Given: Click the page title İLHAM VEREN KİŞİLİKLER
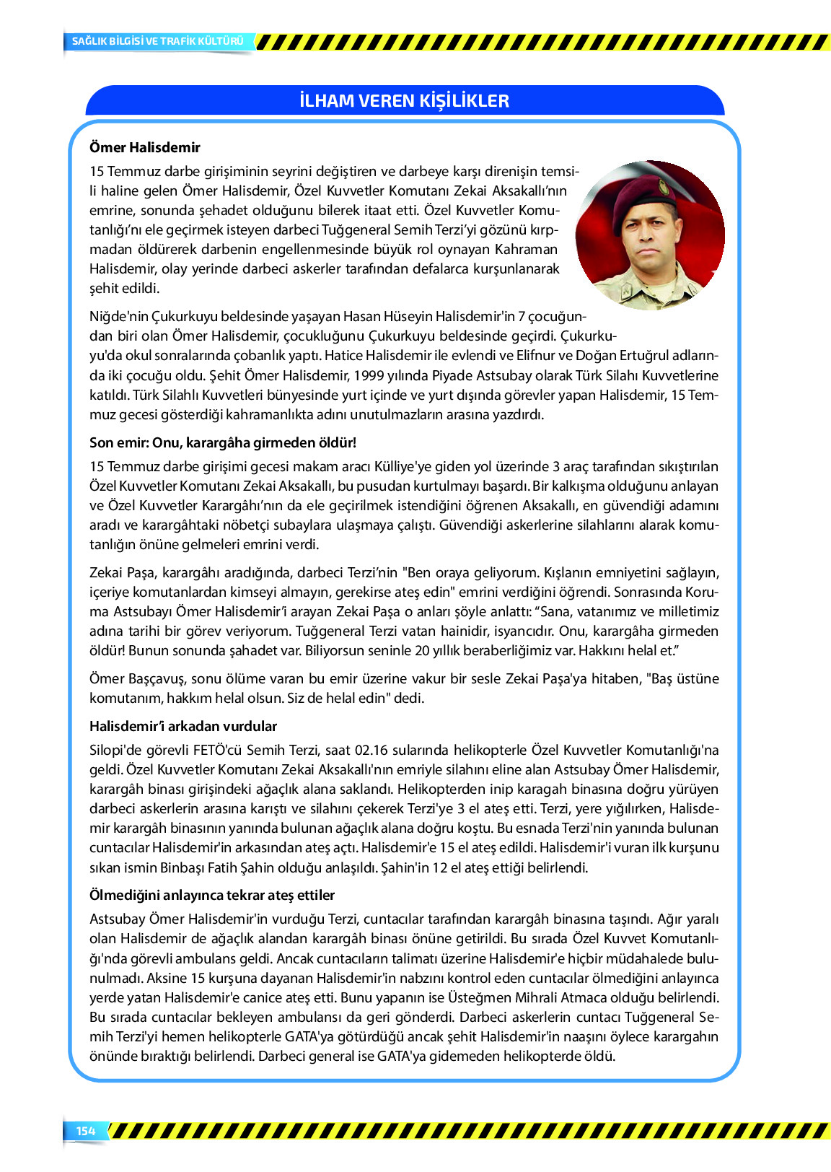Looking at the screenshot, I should click(x=404, y=100).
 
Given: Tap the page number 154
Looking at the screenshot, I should click(x=86, y=1131).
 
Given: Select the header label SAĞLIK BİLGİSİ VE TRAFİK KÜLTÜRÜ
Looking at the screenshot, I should click(x=157, y=41).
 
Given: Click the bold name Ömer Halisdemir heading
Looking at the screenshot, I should click(x=145, y=147).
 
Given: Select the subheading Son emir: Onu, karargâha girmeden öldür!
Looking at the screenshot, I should click(x=223, y=442).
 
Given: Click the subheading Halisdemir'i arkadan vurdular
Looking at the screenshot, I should click(x=183, y=726).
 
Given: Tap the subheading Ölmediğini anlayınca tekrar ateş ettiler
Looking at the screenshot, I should click(x=212, y=895).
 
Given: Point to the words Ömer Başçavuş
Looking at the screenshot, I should click(x=138, y=678).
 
